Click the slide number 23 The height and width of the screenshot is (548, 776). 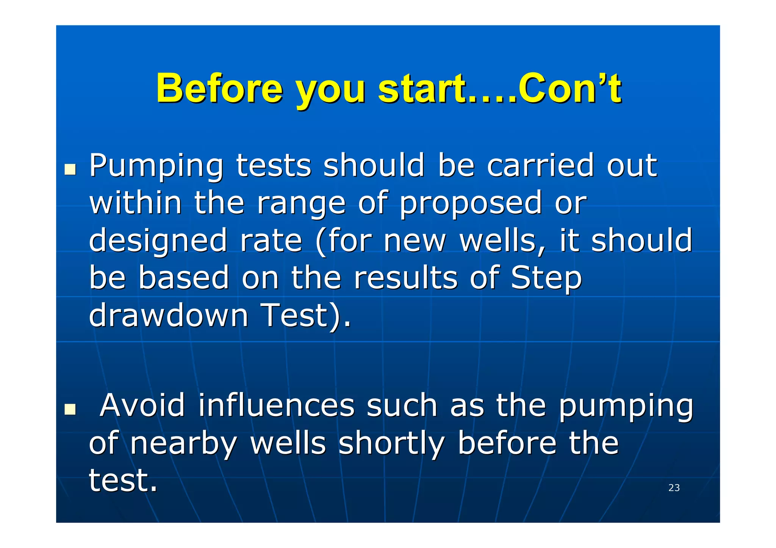[674, 488]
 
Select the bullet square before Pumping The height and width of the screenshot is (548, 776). [70, 169]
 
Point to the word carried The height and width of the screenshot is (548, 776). [540, 165]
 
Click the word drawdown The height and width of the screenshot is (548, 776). [168, 315]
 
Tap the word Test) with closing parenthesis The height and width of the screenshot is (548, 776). [306, 315]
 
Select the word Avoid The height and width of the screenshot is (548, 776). [142, 405]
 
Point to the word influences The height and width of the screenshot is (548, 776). [276, 405]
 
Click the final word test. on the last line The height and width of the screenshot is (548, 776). [123, 480]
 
